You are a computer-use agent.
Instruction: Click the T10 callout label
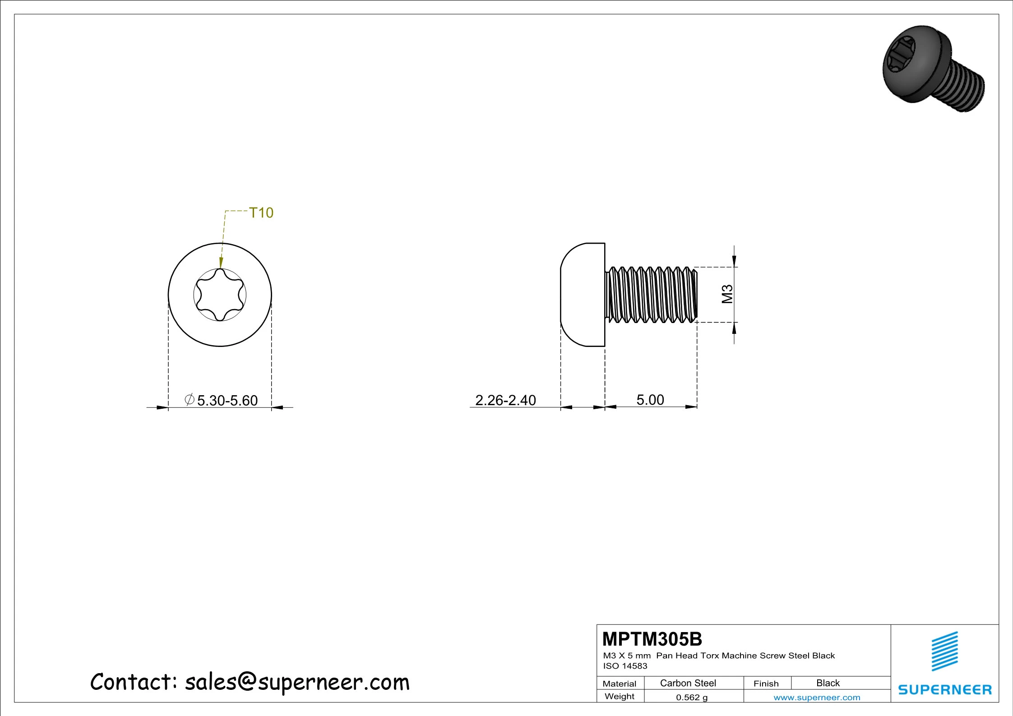[x=261, y=212]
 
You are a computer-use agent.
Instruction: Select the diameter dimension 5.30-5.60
[x=221, y=400]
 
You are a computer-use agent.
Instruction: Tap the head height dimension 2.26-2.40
[x=505, y=400]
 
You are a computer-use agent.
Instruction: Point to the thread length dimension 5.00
[x=650, y=400]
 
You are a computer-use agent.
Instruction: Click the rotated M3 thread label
[x=727, y=294]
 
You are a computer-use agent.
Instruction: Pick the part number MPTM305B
[x=652, y=639]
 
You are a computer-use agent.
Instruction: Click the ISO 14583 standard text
[x=625, y=666]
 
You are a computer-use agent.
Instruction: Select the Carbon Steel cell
[x=688, y=683]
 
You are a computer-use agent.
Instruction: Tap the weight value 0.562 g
[x=692, y=698]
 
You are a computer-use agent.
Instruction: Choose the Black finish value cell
[x=828, y=683]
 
